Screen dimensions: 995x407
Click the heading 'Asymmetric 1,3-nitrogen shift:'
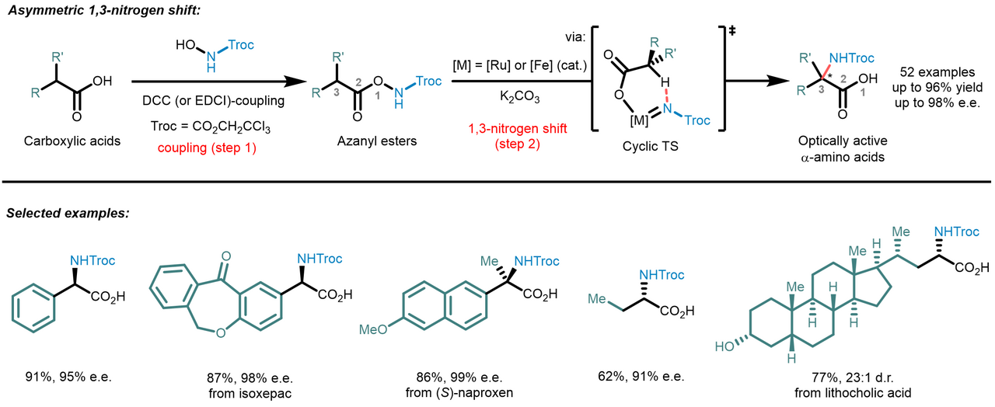[105, 10]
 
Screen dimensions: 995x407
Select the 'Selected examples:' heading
[68, 213]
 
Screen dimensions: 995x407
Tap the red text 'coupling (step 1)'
[207, 148]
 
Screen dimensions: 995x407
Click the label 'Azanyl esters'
[377, 141]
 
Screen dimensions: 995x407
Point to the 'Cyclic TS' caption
[651, 146]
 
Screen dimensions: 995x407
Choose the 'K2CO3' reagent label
[520, 97]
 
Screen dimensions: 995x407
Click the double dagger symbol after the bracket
[732, 30]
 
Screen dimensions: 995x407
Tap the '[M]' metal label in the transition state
[639, 120]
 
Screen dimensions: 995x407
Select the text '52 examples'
[937, 72]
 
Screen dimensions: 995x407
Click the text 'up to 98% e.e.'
[937, 103]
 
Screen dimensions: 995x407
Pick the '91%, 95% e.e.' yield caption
[68, 377]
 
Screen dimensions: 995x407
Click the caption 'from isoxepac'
[250, 393]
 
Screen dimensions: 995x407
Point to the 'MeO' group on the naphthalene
[373, 329]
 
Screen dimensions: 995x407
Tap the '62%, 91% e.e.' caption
[641, 377]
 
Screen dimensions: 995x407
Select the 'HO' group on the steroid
[724, 346]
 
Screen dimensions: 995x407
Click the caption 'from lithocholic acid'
[853, 393]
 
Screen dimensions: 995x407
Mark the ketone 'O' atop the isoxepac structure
[226, 256]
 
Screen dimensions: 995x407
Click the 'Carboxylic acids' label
[72, 141]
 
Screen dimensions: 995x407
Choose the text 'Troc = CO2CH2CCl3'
[211, 127]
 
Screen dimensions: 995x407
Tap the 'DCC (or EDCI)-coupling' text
[213, 101]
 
